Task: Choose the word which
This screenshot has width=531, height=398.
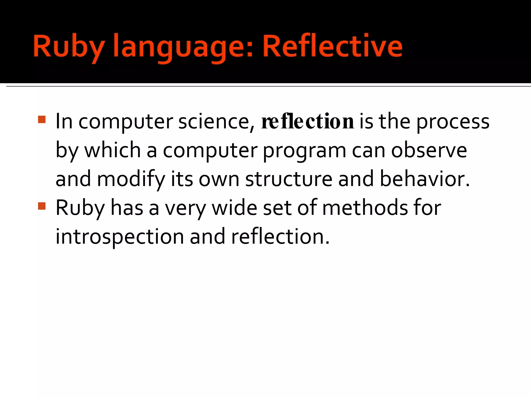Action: [113, 150]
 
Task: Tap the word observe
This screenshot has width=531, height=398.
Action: [429, 150]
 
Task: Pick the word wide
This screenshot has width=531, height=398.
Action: [234, 208]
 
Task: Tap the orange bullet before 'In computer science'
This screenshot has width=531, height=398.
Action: [42, 119]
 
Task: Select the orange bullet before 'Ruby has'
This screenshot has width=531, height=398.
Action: [42, 206]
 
